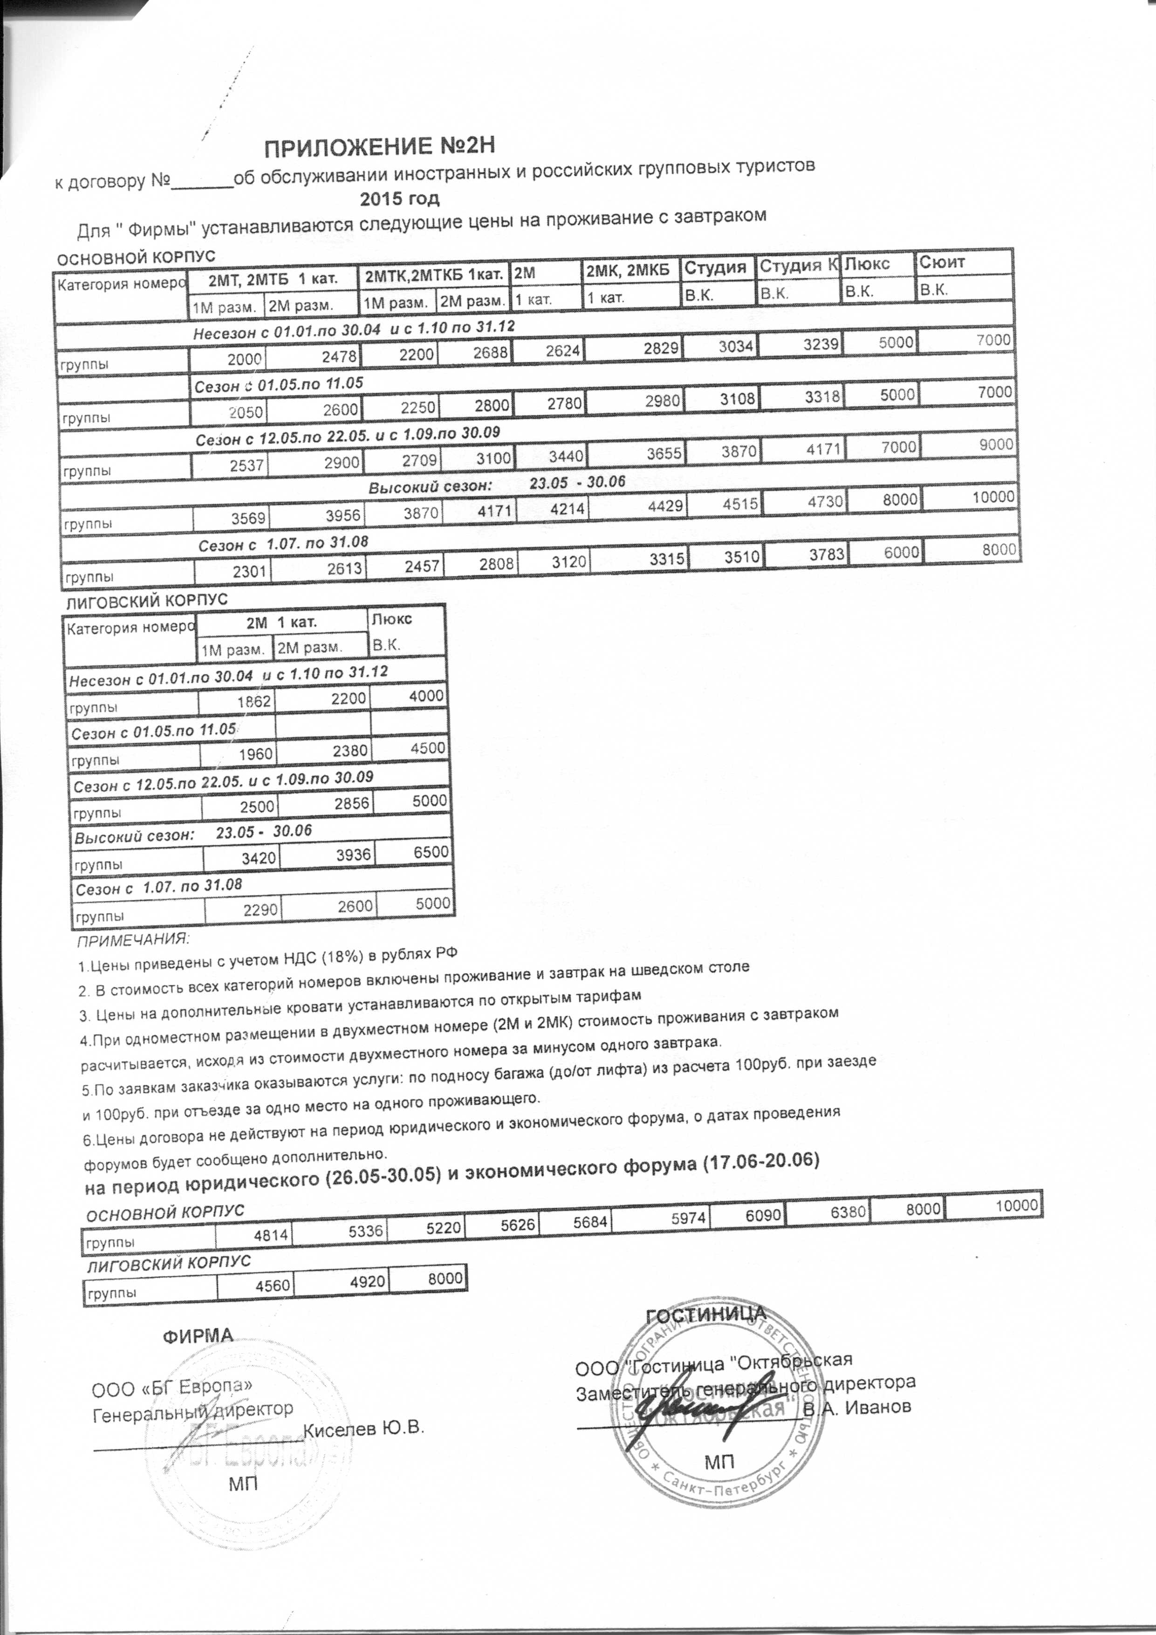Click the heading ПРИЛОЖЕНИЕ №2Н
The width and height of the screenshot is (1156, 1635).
tap(379, 147)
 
